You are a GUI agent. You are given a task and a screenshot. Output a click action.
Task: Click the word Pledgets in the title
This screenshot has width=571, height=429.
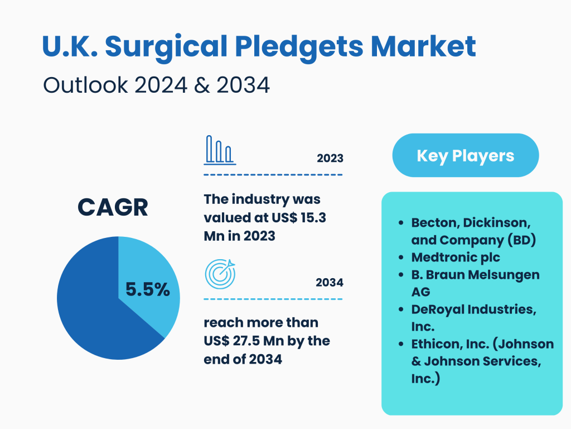pyautogui.click(x=299, y=47)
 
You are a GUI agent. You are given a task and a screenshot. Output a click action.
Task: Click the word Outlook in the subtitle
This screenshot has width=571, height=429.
pyautogui.click(x=85, y=85)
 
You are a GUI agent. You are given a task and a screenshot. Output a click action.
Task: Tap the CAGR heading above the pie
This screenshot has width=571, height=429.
pyautogui.click(x=113, y=207)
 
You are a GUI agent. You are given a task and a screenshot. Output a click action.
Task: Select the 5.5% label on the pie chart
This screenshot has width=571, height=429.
pyautogui.click(x=147, y=289)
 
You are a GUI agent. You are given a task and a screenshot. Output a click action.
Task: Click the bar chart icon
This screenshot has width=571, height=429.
pyautogui.click(x=220, y=150)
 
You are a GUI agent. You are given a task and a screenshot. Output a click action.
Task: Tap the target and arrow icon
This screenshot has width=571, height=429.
pyautogui.click(x=220, y=274)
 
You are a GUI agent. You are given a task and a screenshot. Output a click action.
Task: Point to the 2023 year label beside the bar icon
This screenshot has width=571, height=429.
pyautogui.click(x=330, y=158)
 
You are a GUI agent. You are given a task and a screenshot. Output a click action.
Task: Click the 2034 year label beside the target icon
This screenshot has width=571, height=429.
pyautogui.click(x=330, y=282)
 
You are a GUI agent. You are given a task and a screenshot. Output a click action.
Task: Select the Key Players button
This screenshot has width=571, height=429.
pyautogui.click(x=466, y=155)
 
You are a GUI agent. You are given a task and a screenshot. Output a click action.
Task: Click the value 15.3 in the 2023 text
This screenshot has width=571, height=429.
pyautogui.click(x=313, y=218)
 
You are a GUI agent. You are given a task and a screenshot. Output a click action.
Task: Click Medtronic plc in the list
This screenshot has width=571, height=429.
pyautogui.click(x=456, y=257)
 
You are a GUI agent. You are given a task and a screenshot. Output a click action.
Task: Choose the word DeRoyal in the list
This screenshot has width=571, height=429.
pyautogui.click(x=438, y=309)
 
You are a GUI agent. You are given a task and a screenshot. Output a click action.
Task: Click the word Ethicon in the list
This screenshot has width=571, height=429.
pyautogui.click(x=435, y=344)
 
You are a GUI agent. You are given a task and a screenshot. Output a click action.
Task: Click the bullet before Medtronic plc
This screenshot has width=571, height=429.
pyautogui.click(x=401, y=258)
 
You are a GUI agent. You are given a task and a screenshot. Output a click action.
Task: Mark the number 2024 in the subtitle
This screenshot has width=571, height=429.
pyautogui.click(x=161, y=85)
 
